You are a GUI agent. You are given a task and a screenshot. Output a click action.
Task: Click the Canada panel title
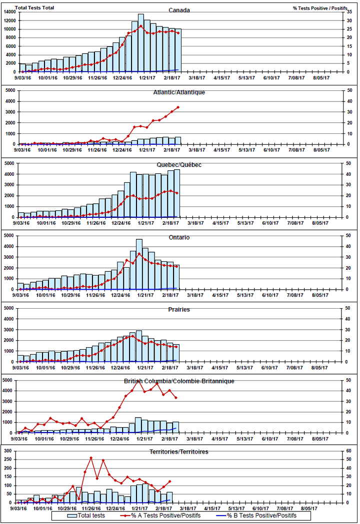pyautogui.click(x=178, y=10)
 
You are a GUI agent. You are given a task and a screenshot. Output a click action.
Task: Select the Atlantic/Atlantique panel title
pyautogui.click(x=178, y=92)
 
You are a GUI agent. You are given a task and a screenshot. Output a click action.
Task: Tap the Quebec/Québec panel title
pyautogui.click(x=178, y=165)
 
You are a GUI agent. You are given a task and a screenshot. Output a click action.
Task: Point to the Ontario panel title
pyautogui.click(x=178, y=237)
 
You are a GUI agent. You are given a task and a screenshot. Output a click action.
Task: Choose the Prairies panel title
pyautogui.click(x=178, y=310)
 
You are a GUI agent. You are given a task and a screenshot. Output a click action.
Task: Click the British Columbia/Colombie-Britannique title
pyautogui.click(x=178, y=381)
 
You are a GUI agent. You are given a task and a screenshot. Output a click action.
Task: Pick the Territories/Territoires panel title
pyautogui.click(x=178, y=452)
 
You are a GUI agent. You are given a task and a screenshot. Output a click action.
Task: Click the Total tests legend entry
pyautogui.click(x=84, y=516)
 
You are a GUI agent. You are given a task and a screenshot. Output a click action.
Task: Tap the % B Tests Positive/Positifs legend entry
pyautogui.click(x=255, y=516)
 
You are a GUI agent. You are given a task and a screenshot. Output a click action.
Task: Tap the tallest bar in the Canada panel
pyautogui.click(x=141, y=43)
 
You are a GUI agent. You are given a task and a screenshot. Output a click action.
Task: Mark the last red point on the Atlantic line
pyautogui.click(x=177, y=107)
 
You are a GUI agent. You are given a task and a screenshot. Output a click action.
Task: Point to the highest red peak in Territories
pyautogui.click(x=91, y=458)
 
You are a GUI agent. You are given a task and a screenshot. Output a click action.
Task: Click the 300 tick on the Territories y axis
pyautogui.click(x=9, y=451)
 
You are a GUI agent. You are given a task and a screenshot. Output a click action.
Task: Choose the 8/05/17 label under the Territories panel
pyautogui.click(x=319, y=507)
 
